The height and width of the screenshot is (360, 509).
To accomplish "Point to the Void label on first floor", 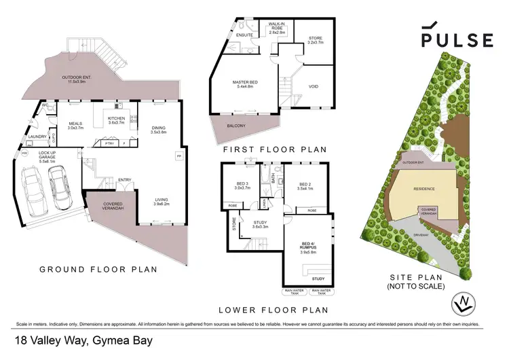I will [313, 86].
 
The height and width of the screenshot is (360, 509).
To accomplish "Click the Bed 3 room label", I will [242, 185].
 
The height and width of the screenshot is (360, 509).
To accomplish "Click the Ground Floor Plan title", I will [98, 270].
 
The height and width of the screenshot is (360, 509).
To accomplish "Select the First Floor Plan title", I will [275, 149].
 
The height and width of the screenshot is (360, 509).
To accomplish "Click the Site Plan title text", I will [417, 281].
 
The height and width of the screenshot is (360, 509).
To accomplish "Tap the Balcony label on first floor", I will [235, 126].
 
